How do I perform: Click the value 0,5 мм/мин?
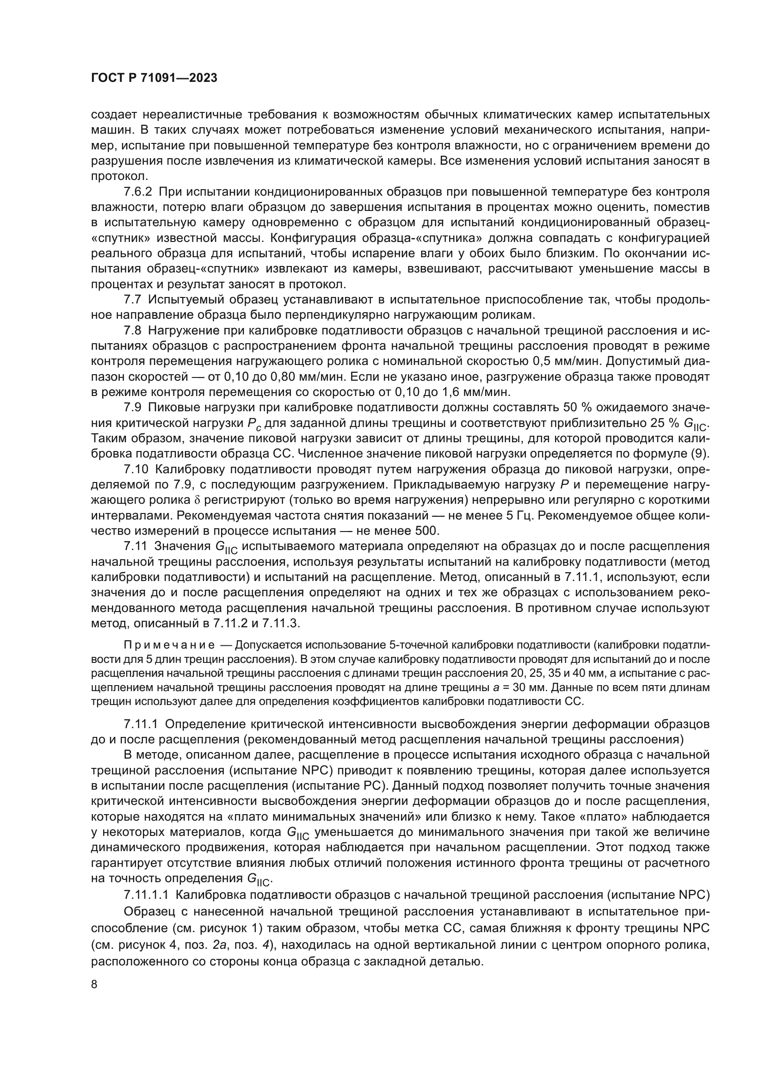coord(566,361)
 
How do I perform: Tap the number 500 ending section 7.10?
coord(428,531)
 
